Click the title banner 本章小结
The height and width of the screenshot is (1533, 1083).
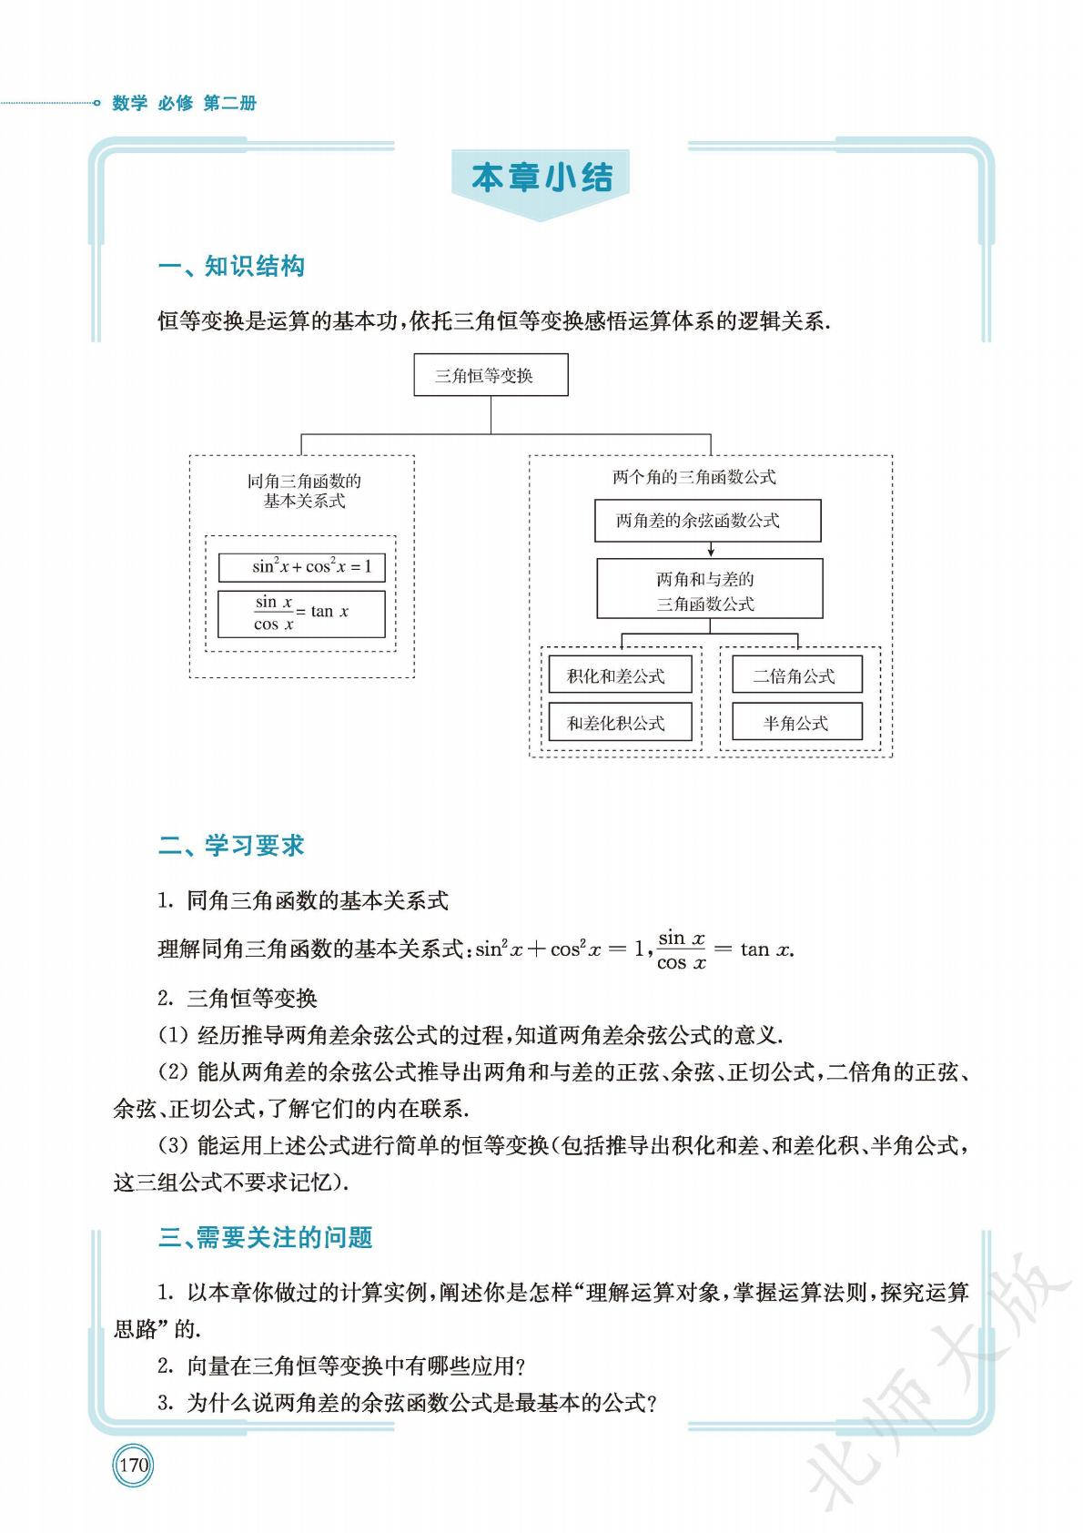(x=541, y=178)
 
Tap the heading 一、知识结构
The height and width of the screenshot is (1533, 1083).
(x=231, y=267)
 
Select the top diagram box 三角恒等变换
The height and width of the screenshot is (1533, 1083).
(x=491, y=376)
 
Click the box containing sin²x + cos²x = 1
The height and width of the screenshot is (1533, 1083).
(x=301, y=567)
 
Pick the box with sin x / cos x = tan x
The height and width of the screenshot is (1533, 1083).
(x=301, y=614)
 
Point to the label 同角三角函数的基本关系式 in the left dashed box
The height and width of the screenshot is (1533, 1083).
(x=304, y=491)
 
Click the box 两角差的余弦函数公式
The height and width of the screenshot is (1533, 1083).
(x=707, y=521)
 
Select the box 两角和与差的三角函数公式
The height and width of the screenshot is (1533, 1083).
(x=709, y=590)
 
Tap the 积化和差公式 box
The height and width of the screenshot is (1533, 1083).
(x=620, y=675)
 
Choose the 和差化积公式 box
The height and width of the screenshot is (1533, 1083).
(x=620, y=723)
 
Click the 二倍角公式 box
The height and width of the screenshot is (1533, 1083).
(x=796, y=675)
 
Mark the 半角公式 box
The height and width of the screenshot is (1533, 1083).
(x=796, y=723)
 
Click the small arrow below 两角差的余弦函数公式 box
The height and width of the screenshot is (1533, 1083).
(x=710, y=550)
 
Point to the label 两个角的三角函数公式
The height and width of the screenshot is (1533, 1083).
(x=694, y=476)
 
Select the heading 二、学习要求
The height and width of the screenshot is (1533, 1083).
(x=231, y=846)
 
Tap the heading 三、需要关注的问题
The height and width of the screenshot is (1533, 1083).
(x=265, y=1238)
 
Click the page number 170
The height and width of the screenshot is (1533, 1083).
(x=134, y=1466)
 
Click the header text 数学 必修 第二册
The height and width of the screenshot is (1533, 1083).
(x=185, y=103)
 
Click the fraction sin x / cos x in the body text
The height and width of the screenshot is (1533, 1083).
(x=682, y=949)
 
